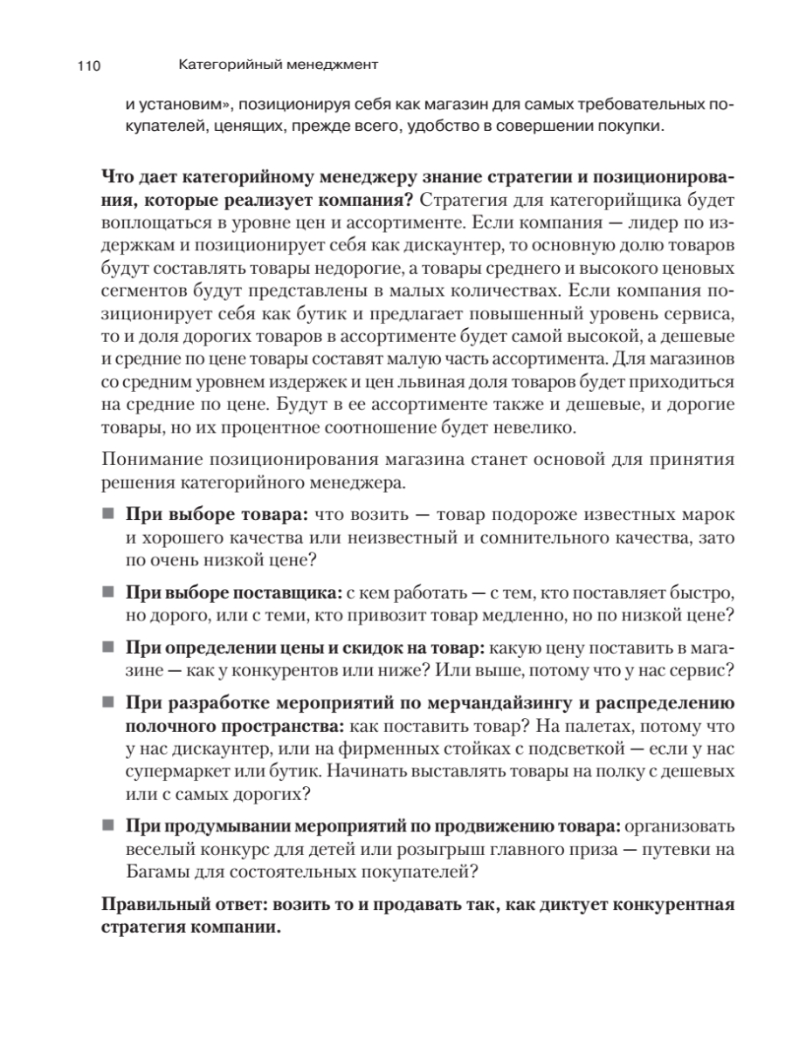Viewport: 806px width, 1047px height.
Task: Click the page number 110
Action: [90, 65]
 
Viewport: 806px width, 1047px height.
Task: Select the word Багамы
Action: [156, 870]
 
